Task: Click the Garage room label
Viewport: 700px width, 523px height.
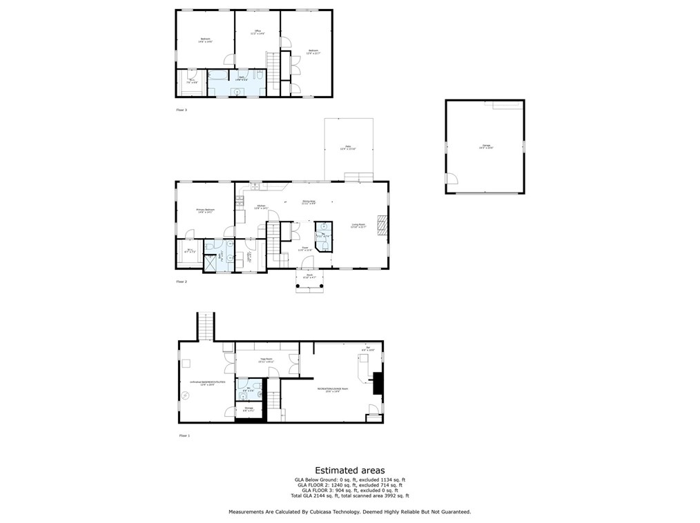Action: [x=487, y=146]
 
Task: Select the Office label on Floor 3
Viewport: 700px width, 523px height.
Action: [x=257, y=32]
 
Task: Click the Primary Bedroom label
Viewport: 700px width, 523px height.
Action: [x=205, y=210]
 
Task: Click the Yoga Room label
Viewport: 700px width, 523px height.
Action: [x=266, y=360]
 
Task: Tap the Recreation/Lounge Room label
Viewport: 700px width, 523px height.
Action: [x=333, y=389]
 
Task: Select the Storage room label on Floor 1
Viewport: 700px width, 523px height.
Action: [x=249, y=409]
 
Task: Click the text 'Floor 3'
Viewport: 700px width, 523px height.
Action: [x=182, y=110]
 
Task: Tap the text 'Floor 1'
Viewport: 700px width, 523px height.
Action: [x=184, y=435]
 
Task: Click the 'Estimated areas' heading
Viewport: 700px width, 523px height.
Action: [x=350, y=470]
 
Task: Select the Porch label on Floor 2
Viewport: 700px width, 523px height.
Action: [x=309, y=277]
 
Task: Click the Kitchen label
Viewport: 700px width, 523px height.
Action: [x=261, y=207]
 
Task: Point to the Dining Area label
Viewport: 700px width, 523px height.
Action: [x=309, y=201]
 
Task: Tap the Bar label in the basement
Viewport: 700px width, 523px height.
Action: [x=369, y=348]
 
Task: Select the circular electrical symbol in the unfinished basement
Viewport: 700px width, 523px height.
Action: [x=185, y=395]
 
